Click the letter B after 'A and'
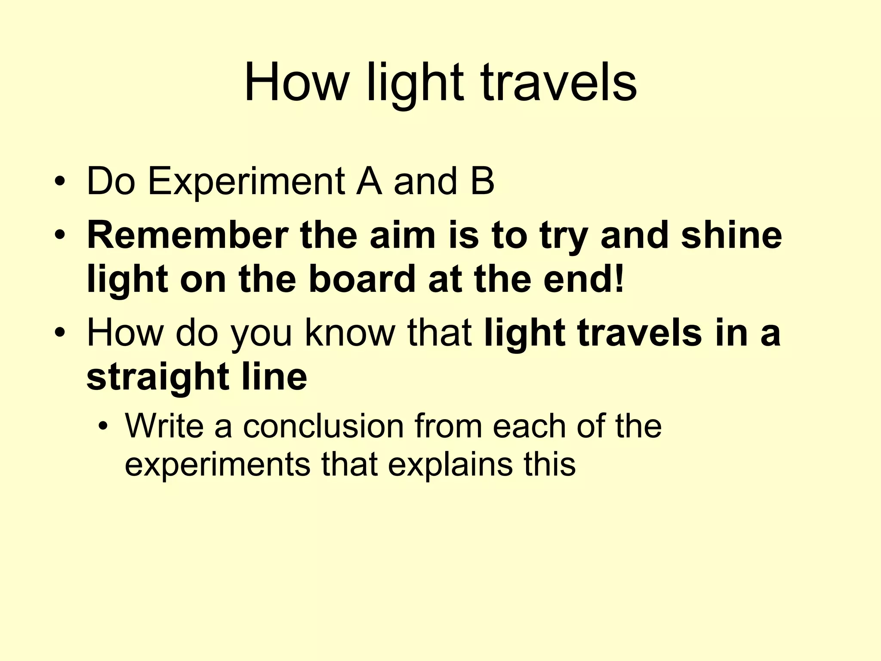(482, 182)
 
